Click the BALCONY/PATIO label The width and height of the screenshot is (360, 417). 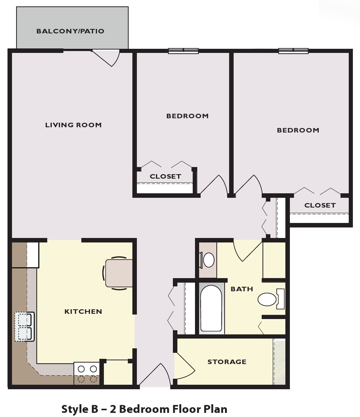70,31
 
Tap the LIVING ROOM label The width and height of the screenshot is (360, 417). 73,125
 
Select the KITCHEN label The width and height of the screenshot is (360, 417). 83,312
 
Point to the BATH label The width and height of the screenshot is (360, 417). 242,289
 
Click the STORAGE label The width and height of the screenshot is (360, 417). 227,362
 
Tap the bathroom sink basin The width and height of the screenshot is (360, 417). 208,260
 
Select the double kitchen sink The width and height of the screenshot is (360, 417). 25,327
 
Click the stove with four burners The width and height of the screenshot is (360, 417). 87,374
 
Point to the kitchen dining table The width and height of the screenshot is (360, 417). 118,273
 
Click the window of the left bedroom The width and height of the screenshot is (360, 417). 183,51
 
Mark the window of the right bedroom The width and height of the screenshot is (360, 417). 293,51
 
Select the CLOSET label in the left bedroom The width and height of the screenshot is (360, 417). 165,176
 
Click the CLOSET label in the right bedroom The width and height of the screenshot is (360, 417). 320,205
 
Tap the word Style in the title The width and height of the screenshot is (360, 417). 75,408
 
